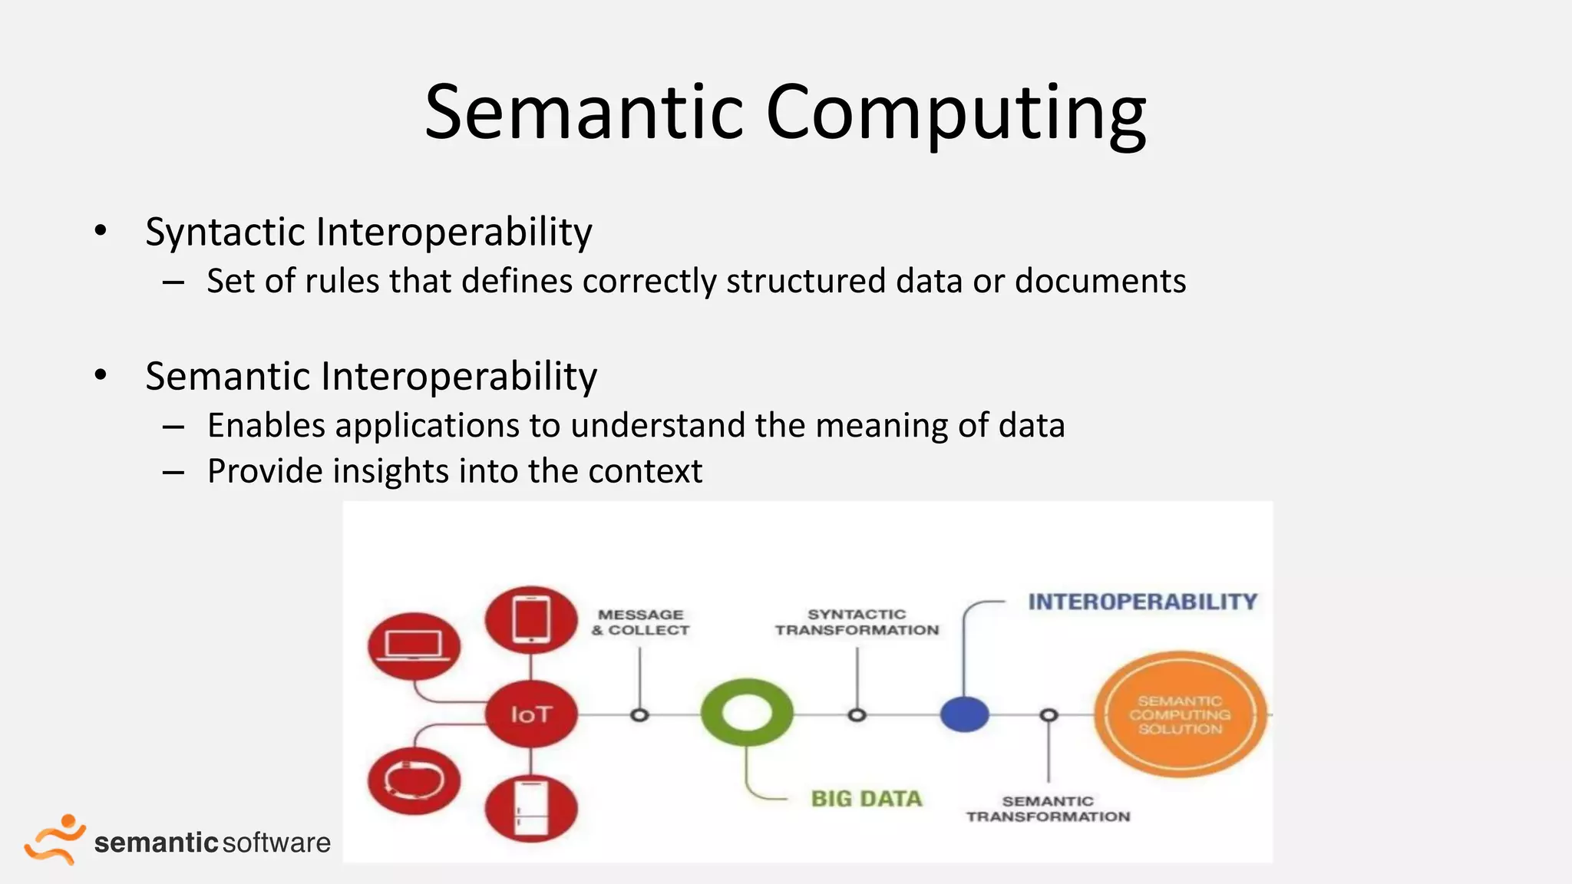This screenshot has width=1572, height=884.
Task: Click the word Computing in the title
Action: point(955,114)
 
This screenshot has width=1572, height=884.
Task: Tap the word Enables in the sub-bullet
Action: point(266,425)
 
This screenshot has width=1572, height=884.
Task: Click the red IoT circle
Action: point(531,714)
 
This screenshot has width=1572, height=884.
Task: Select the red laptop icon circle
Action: point(414,645)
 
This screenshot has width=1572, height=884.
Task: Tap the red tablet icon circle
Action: point(531,619)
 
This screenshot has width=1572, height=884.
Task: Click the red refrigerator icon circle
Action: point(531,808)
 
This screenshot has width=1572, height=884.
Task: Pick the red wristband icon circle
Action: point(414,780)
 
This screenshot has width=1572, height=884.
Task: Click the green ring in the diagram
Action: point(747,713)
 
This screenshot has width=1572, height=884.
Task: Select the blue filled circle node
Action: point(964,714)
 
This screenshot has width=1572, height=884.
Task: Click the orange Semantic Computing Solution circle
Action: point(1180,714)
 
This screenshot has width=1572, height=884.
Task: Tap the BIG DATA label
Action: point(867,799)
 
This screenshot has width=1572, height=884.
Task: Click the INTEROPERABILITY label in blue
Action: point(1142,602)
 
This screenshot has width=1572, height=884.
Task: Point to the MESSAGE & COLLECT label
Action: point(640,622)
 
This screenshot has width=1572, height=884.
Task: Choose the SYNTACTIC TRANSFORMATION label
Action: point(857,622)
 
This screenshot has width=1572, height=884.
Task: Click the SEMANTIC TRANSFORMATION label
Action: point(1048,809)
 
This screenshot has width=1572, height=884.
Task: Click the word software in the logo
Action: point(277,843)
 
